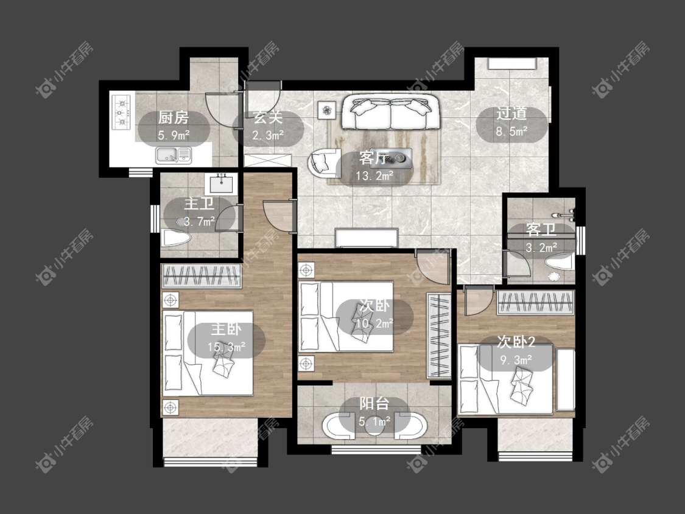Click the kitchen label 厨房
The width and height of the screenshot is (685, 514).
173,118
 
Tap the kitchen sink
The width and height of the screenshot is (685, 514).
174,155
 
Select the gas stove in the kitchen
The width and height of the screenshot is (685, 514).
122,113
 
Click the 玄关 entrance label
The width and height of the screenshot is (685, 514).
268,117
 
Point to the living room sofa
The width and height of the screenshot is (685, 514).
390,112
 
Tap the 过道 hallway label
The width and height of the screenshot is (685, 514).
511,114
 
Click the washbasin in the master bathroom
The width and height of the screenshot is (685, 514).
223,183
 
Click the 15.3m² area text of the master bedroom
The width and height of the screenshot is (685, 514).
226,348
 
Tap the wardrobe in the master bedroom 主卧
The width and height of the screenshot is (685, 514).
202,276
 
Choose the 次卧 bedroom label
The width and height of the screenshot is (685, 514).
374,306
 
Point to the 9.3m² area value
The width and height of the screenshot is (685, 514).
516,360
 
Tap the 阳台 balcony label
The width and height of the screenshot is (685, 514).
374,403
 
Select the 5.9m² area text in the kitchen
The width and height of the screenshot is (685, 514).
174,135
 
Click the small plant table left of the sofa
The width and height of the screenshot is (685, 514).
326,109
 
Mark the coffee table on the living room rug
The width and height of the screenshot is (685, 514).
391,158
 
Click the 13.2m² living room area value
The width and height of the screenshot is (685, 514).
374,176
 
